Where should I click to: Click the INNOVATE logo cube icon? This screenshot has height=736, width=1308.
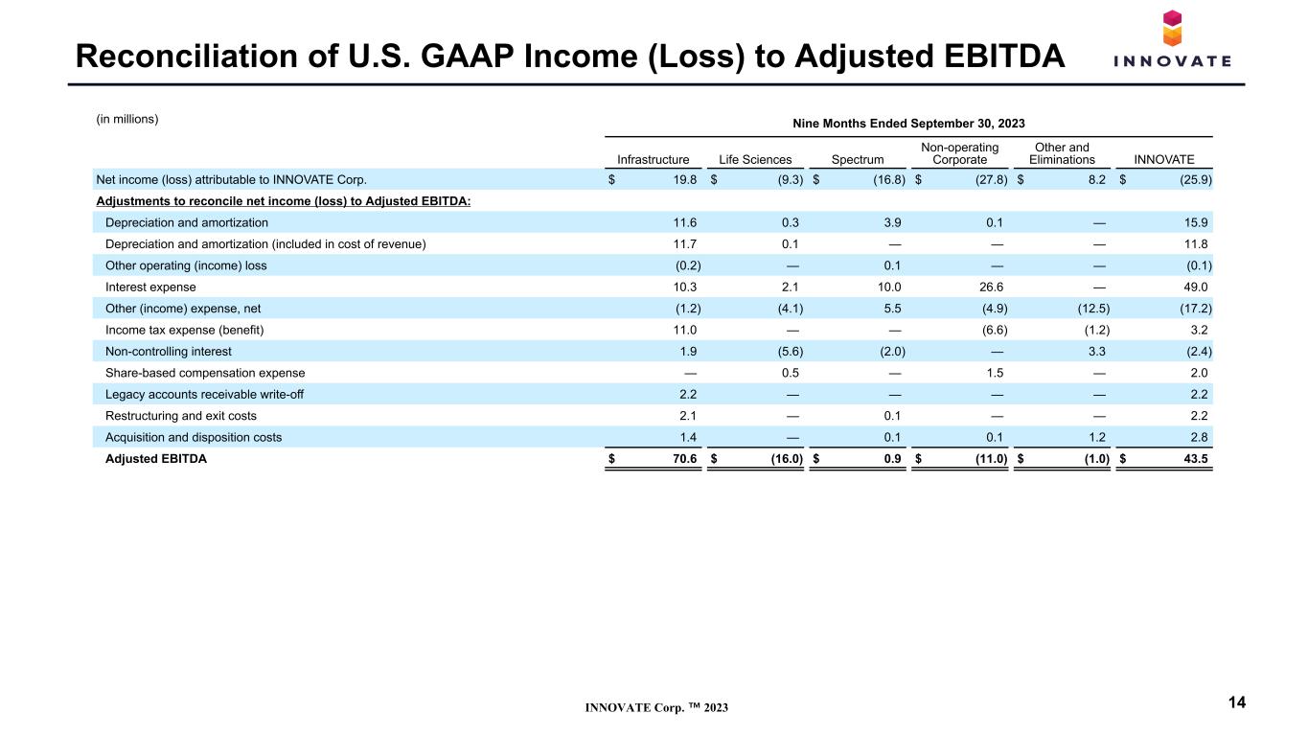click(x=1172, y=28)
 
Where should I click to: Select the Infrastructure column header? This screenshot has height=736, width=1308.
click(x=653, y=159)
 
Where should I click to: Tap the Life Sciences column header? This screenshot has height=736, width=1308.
click(x=755, y=159)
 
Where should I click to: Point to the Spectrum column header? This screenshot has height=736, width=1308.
click(x=858, y=159)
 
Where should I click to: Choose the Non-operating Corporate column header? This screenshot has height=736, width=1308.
click(x=959, y=153)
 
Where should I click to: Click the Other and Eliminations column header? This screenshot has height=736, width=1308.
click(x=1062, y=153)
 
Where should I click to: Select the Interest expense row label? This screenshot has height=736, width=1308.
click(x=150, y=287)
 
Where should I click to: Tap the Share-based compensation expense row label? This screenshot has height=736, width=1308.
click(x=205, y=373)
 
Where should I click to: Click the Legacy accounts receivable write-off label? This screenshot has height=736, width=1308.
click(x=204, y=394)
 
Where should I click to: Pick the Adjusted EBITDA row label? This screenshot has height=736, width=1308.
click(x=156, y=458)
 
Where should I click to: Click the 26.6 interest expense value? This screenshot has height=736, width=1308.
click(x=991, y=287)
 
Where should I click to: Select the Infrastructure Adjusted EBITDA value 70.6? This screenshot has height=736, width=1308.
click(x=684, y=458)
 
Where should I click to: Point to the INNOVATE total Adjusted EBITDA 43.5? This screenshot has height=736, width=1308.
click(x=1195, y=458)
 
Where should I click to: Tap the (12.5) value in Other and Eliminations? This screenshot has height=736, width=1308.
click(x=1093, y=309)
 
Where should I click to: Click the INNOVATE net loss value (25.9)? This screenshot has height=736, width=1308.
click(x=1195, y=180)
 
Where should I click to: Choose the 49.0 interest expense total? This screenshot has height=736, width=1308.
click(x=1195, y=287)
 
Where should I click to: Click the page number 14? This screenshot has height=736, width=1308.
click(x=1237, y=702)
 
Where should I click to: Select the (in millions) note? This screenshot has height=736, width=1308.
click(x=127, y=119)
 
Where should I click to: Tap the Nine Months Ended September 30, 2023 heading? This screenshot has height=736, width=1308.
click(x=908, y=124)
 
